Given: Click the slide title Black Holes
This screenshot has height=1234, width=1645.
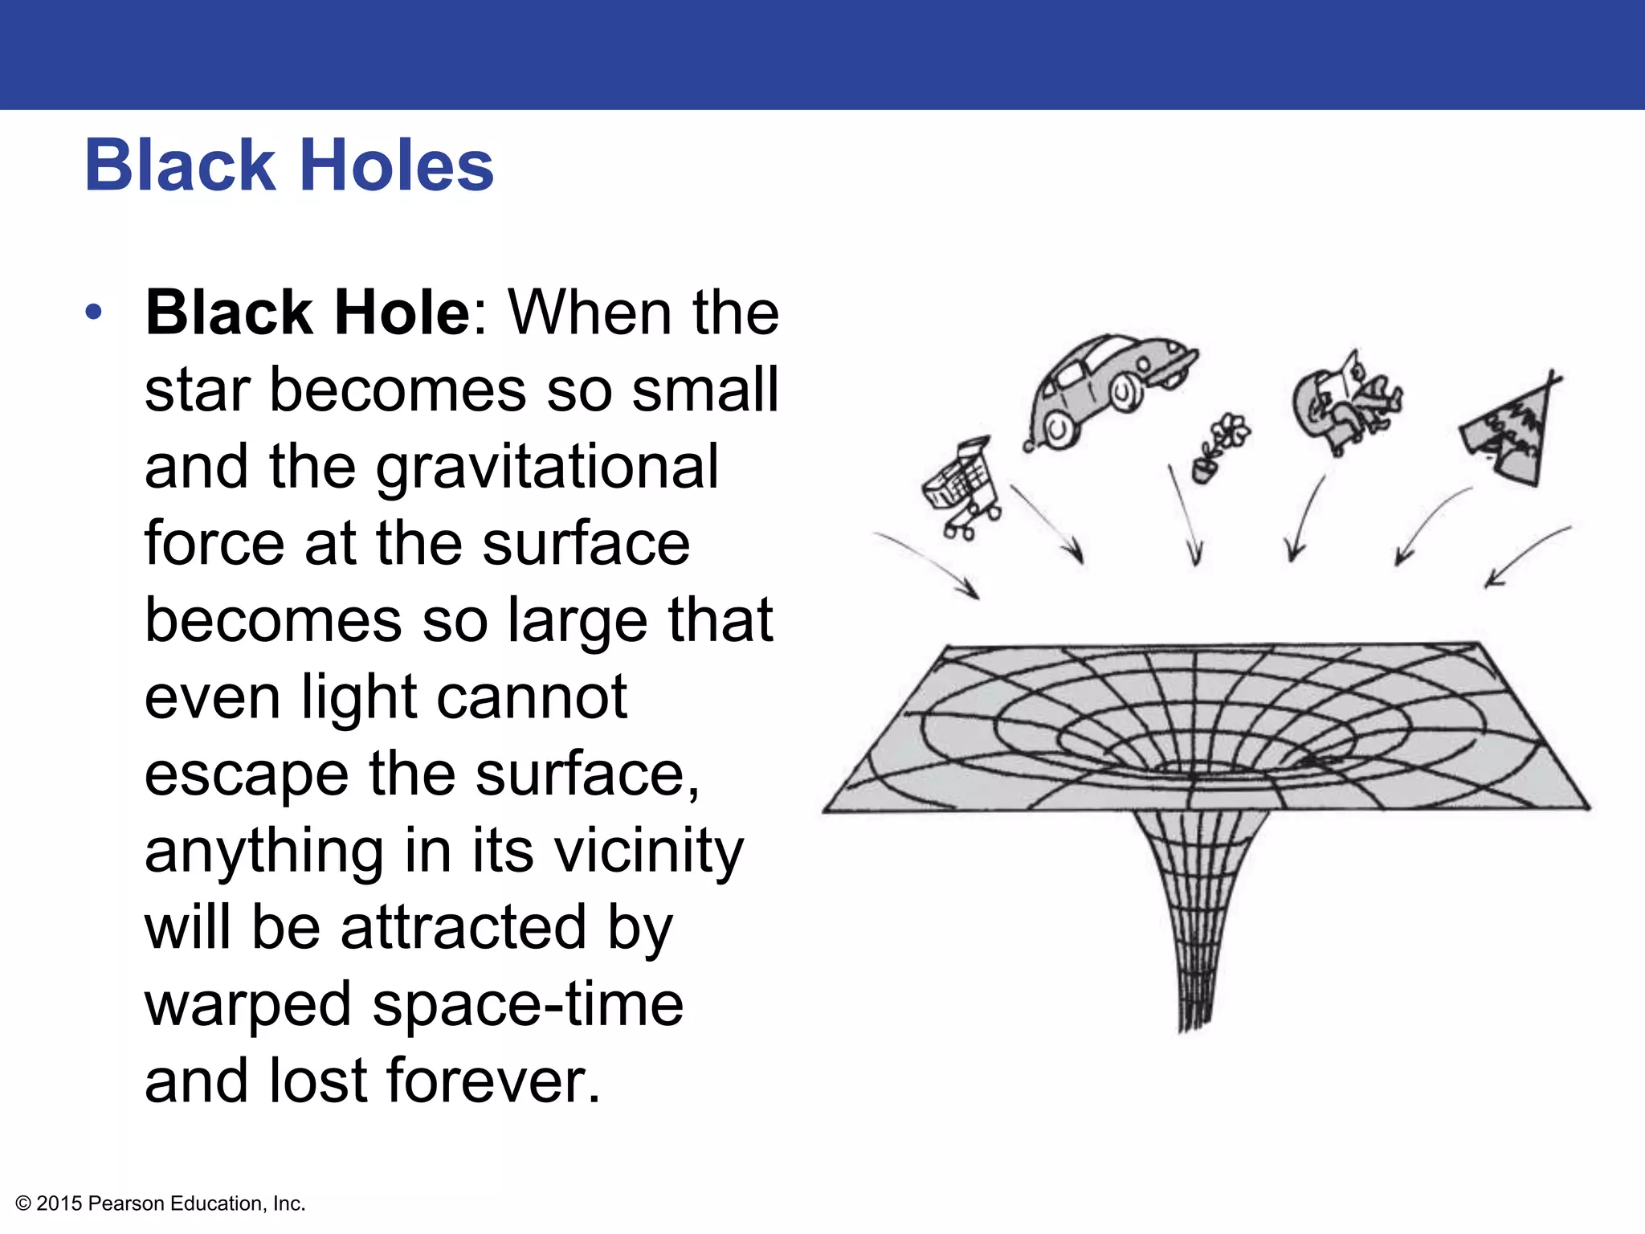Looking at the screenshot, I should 289,165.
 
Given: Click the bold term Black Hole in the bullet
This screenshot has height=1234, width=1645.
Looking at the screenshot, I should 307,313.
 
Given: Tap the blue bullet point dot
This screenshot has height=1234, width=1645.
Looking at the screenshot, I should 94,312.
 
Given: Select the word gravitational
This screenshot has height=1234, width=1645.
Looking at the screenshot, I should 547,468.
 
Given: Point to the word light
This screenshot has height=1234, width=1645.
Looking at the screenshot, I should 358,697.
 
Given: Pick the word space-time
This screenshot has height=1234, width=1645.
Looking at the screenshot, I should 528,1004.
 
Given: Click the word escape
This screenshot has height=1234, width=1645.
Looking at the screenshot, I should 246,774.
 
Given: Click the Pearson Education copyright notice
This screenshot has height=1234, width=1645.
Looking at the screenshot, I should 161,1203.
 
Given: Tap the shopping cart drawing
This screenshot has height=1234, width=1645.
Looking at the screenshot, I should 961,488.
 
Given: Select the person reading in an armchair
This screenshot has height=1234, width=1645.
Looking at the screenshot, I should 1345,402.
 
